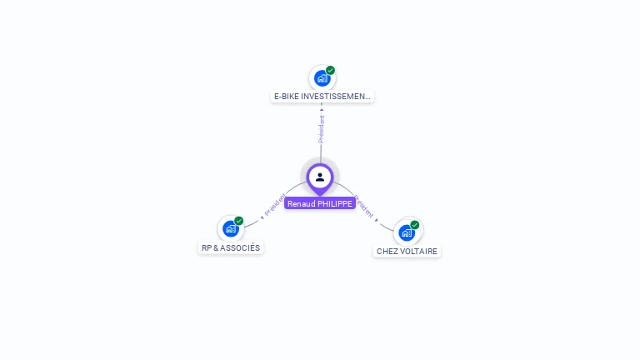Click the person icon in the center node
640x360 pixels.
320,177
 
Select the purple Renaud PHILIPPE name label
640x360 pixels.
320,203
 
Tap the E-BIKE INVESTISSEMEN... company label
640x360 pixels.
322,97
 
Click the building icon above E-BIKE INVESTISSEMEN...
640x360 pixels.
322,79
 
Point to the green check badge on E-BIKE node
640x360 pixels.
331,71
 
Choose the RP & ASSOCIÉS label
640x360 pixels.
231,248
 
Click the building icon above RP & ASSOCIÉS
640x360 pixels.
230,229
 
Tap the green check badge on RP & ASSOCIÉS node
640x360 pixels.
239,221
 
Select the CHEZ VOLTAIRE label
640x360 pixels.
407,252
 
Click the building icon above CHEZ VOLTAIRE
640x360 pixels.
406,232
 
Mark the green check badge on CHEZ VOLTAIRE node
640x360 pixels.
415,224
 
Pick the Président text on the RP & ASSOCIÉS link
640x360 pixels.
275,204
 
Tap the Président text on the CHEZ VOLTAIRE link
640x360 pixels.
364,206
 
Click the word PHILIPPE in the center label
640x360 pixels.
335,203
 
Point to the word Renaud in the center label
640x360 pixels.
302,203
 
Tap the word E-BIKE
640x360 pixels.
286,97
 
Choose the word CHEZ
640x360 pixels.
387,252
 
